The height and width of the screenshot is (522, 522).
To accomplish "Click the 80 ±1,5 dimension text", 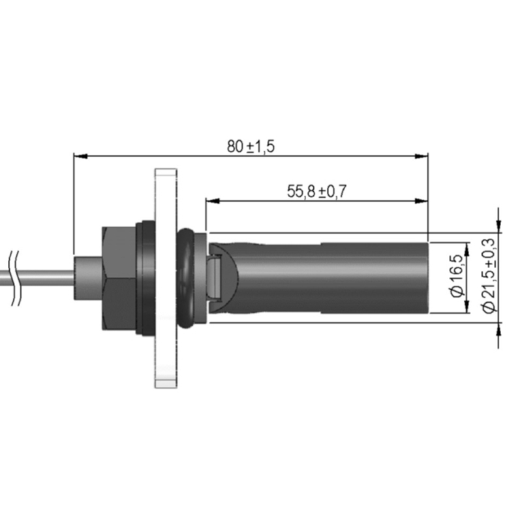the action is tap(251, 146).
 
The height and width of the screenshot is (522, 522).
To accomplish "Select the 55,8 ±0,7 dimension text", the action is tap(316, 191).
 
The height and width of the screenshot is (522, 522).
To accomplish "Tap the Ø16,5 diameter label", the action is tap(458, 275).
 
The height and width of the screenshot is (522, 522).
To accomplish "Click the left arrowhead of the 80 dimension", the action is tap(80, 156).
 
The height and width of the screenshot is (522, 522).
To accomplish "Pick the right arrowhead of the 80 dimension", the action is tap(422, 156).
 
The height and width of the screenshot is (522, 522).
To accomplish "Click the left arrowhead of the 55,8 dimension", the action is tap(213, 201).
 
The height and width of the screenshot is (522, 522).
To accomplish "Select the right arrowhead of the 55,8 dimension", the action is tap(422, 201).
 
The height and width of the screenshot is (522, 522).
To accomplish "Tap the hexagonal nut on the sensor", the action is tap(119, 279).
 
